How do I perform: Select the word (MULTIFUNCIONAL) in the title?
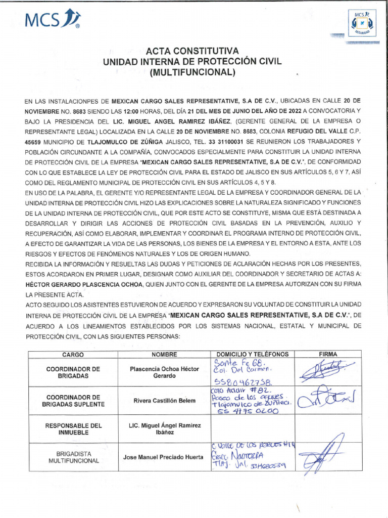[192, 72]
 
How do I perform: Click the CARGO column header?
[73, 355]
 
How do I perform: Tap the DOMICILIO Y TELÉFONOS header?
[252, 355]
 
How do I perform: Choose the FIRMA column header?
[328, 355]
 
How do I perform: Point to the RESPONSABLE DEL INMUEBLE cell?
[73, 429]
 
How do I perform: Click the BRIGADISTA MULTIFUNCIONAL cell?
[73, 457]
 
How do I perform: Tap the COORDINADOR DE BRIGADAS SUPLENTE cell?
[73, 401]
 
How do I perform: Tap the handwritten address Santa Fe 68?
[235, 363]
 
